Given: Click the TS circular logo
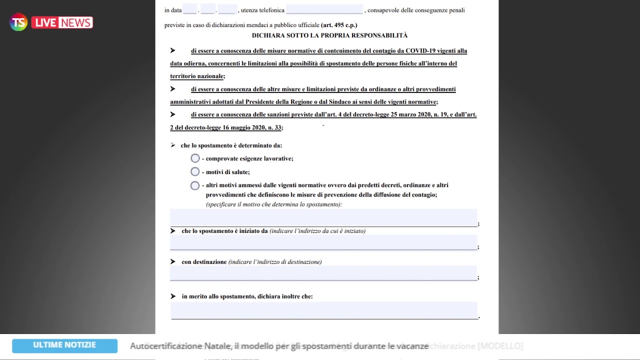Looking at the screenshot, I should (x=18, y=22).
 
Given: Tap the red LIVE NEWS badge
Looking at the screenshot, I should (x=62, y=22).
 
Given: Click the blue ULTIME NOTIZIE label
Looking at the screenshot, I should (x=64, y=345).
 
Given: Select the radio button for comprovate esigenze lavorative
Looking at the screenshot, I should (x=195, y=158).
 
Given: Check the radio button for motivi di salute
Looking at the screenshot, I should (x=195, y=172).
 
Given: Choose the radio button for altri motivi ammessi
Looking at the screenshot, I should (x=195, y=185).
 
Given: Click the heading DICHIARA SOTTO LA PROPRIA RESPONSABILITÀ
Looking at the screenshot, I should (x=329, y=35).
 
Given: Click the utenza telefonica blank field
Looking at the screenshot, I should (x=324, y=9).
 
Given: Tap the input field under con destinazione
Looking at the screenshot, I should (x=323, y=273).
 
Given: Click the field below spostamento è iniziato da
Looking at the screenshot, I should (x=323, y=242).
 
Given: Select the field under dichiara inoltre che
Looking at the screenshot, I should (x=324, y=310).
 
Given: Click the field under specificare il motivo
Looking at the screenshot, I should (x=323, y=218).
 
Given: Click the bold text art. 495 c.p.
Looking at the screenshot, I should (x=339, y=25).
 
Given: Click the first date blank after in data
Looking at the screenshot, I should (x=189, y=9).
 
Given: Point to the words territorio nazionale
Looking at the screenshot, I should (x=196, y=76).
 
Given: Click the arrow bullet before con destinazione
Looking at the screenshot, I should (x=173, y=261).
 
